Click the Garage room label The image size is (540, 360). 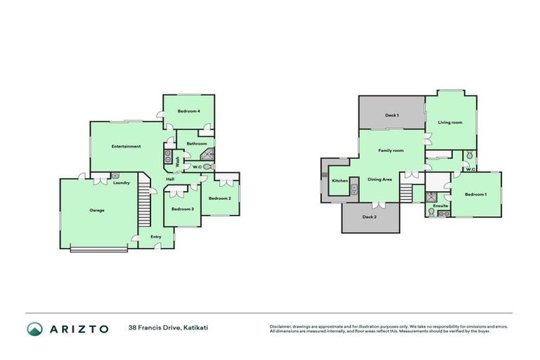tap(97, 210)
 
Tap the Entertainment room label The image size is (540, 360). tap(126, 146)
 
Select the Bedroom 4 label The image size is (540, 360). tap(188, 111)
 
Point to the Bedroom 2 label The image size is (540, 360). tap(219, 198)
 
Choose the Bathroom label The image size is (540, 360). tap(196, 143)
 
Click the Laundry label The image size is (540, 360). tap(121, 183)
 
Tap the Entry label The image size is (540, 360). tap(155, 236)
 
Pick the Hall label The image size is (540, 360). tap(170, 179)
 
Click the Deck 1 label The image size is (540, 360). tap(392, 115)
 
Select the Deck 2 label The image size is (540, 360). tap(370, 217)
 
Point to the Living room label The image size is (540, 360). tap(450, 122)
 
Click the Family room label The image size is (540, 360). tap(391, 150)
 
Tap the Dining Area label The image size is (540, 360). tap(380, 179)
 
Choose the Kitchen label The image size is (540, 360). tap(340, 181)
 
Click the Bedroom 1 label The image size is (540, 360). tap(475, 194)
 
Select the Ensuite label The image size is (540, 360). tap(440, 205)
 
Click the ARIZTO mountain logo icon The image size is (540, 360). tap(34, 328)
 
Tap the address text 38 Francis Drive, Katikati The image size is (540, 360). tap(168, 328)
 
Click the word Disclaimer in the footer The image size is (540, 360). tap(281, 326)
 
